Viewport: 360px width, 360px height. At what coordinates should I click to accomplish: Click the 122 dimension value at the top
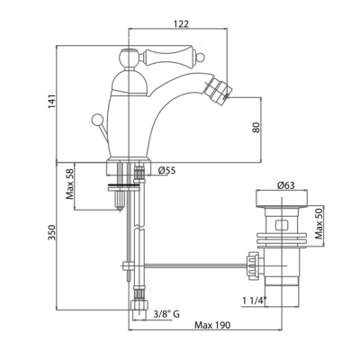point(181,23)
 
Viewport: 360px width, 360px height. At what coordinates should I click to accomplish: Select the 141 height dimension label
point(52,102)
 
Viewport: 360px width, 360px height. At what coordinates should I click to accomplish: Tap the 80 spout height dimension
point(256,127)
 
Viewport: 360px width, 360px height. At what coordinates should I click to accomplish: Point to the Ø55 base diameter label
point(166,171)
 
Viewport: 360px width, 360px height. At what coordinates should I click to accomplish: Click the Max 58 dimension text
point(70,187)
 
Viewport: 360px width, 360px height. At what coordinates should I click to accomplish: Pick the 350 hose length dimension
point(52,232)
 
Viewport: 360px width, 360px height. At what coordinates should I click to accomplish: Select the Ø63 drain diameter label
point(286,185)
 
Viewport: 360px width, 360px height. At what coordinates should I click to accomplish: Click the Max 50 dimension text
point(319,224)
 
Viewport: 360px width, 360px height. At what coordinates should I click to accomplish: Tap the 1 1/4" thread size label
point(255,301)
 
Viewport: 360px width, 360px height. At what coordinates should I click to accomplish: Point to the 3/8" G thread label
point(166,314)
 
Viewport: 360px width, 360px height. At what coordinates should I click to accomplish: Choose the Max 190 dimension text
point(212,325)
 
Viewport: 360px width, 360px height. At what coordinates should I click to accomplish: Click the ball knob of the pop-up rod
point(97,120)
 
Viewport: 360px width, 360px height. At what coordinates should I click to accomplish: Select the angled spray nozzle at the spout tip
point(217,89)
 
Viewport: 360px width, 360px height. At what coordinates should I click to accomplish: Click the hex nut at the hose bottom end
point(139,305)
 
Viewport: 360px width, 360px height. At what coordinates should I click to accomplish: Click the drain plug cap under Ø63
point(281,199)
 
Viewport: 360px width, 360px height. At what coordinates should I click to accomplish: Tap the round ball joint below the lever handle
point(129,57)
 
